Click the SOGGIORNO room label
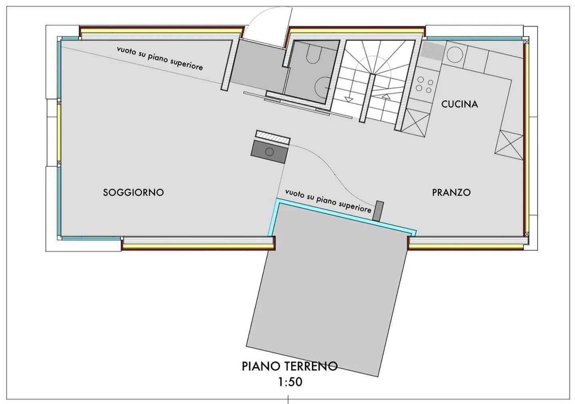133,192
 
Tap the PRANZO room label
451,192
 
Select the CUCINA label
460,104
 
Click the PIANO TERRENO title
289,366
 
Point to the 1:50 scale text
290,382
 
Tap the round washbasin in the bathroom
322,87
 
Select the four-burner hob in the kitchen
424,85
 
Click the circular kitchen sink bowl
455,54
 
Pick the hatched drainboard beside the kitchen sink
433,50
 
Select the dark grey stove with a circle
269,152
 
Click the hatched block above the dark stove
273,137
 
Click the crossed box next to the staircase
415,122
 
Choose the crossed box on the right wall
509,145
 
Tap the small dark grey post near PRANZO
378,211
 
